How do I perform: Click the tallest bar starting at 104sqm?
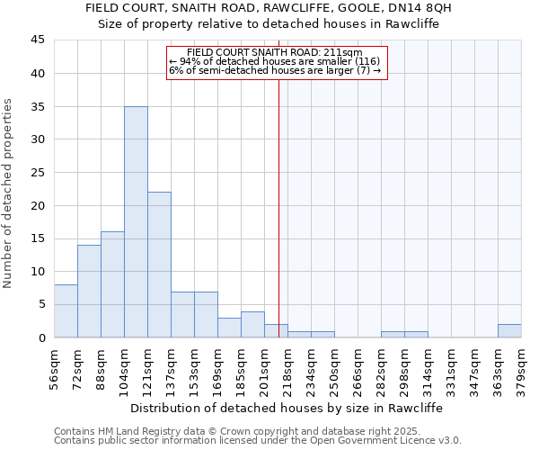[136, 221]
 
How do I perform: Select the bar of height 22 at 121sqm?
[159, 265]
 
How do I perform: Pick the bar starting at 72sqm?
[89, 291]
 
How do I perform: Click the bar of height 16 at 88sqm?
[112, 284]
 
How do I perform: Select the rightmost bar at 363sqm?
[509, 330]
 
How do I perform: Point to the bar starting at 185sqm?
[252, 324]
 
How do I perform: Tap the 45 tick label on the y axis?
[37, 40]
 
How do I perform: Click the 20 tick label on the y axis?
[37, 205]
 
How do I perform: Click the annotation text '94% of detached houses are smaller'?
[275, 61]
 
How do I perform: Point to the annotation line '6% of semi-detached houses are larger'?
[275, 70]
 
